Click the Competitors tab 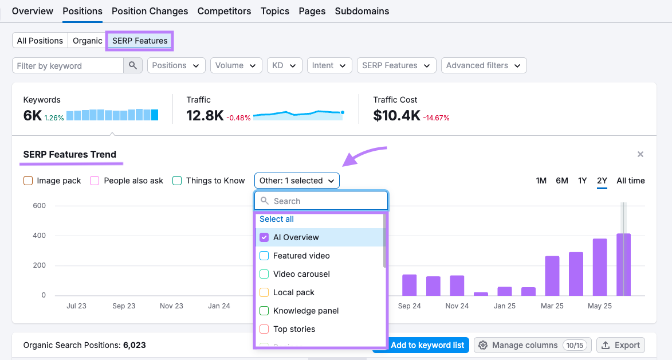coord(224,11)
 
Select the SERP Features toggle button coord(140,41)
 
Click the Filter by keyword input coord(68,66)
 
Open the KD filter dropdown coord(284,65)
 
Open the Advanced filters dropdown coord(484,65)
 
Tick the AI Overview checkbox coord(264,237)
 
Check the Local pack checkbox coord(264,292)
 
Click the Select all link coord(277,219)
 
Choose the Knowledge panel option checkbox coord(264,311)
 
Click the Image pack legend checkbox coord(28,181)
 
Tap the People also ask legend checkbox coord(95,181)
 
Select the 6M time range coord(561,181)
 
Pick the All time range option coord(630,181)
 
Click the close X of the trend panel coord(640,154)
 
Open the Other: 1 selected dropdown coord(297,181)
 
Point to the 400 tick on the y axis coord(40,236)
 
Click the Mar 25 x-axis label coord(552,306)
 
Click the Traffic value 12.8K coord(205,115)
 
